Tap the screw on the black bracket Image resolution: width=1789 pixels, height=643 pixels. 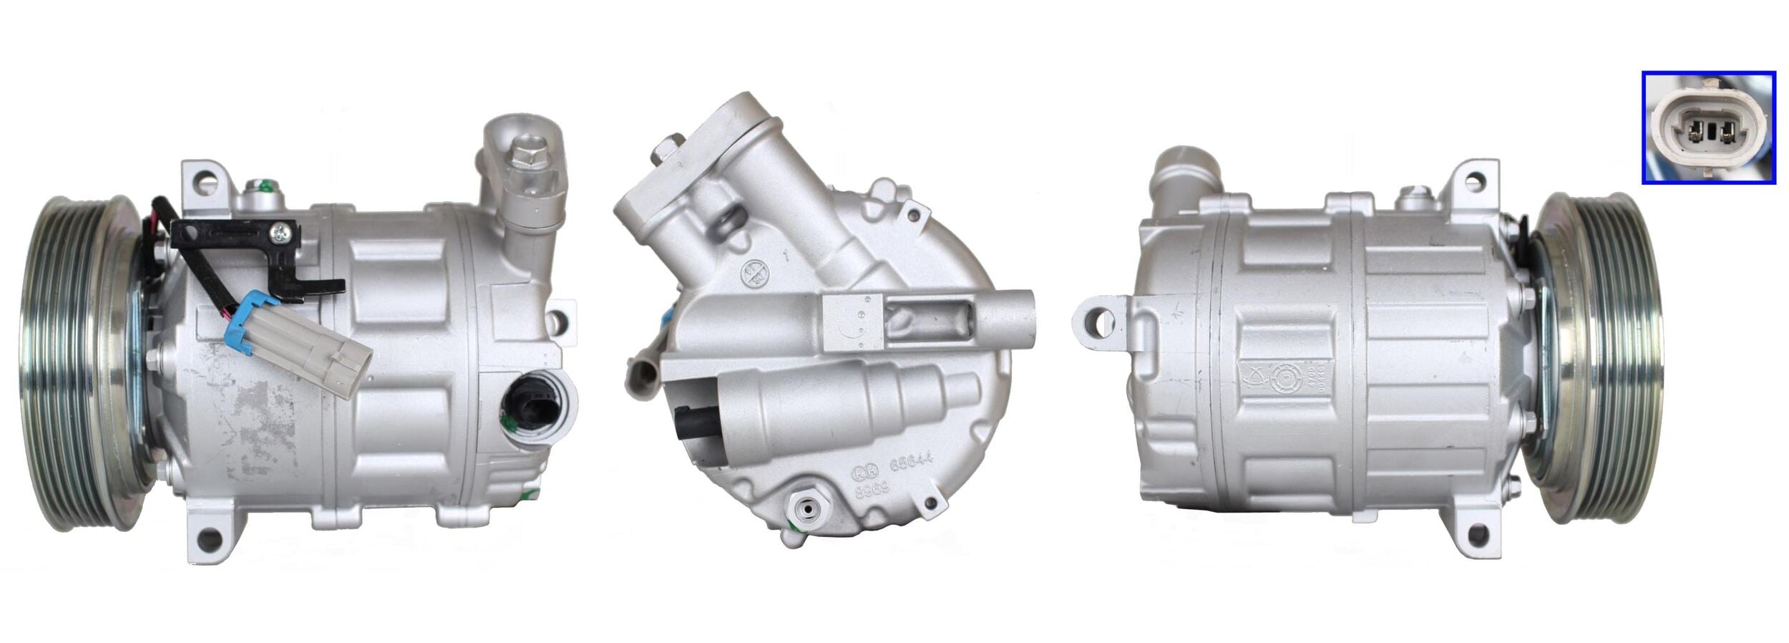[278, 231]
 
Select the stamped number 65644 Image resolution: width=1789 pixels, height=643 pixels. [911, 465]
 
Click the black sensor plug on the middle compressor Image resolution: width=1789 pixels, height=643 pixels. [693, 422]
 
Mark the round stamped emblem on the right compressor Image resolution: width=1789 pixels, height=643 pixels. [1287, 377]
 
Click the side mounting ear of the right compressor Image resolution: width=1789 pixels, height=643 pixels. [1098, 324]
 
